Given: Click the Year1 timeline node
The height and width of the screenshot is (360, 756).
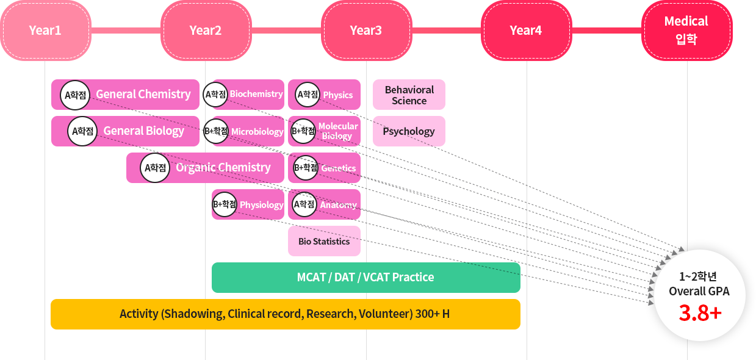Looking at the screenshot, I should pos(45,31).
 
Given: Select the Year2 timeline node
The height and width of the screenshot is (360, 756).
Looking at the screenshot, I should pos(206,31).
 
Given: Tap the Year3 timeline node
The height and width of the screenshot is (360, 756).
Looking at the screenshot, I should pos(366,31).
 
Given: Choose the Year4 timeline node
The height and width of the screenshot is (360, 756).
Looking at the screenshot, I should pos(526,31).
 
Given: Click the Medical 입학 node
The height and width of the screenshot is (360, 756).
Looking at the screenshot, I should pos(686,31).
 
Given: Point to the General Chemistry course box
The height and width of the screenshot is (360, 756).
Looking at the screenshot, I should pos(143,95).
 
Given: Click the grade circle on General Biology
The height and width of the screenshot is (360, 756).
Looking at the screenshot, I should pos(82,131).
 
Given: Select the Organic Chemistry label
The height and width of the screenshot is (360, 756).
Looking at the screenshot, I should pos(223,168).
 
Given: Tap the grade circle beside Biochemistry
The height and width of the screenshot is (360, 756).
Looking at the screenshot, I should pos(215,95).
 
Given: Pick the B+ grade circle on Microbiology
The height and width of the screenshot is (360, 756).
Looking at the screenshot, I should pos(215,131).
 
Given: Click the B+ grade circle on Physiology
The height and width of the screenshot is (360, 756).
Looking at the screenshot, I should pos(224,204).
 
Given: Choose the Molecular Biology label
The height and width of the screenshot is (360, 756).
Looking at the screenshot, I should pos(338,131).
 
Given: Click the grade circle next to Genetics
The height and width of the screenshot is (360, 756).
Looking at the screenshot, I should pos(306,168).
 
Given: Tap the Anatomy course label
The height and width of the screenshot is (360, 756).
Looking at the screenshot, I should pos(338,205).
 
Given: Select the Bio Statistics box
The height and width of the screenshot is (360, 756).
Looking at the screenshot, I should pos(324,241).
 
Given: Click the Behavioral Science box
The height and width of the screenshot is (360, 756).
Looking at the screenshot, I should pos(409,95).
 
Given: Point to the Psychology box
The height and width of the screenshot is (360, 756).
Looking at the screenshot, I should pos(409,131).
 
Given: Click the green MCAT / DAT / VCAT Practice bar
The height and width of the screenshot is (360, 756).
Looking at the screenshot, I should pos(365,278).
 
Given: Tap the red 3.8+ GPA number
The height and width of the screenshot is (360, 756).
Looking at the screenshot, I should pos(700,313).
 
